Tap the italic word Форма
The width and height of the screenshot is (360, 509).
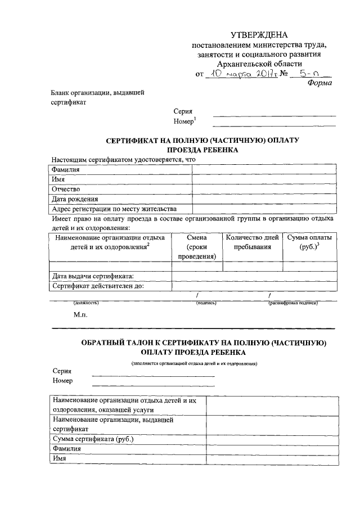(x=319, y=83)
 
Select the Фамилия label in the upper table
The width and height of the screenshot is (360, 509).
(x=65, y=169)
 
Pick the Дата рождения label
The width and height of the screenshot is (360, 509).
(x=75, y=199)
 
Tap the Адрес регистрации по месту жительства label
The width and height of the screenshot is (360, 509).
(x=114, y=209)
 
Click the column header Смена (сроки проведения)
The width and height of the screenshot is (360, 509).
(x=197, y=247)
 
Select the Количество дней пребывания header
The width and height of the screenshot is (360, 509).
(x=253, y=242)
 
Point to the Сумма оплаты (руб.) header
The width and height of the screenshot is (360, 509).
(x=309, y=242)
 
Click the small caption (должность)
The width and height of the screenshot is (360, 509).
(x=86, y=304)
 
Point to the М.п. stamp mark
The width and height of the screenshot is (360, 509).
(x=80, y=316)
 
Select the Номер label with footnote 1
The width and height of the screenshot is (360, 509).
(x=185, y=122)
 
